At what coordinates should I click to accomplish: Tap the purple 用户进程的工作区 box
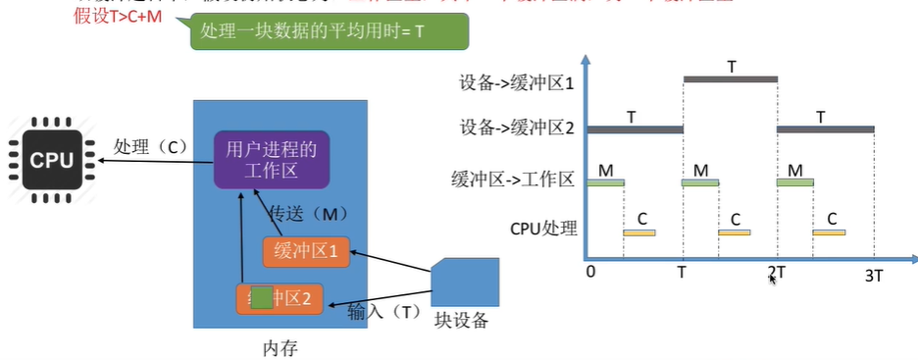(272, 160)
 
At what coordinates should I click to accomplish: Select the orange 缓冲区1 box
(305, 251)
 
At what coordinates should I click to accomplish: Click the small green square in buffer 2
(260, 298)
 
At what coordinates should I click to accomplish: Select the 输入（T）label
(384, 313)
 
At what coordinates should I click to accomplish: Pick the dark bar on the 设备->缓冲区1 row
(730, 78)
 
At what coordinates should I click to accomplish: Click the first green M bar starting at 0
(605, 181)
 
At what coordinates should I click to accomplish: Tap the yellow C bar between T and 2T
(734, 232)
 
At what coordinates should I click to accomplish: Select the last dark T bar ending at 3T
(825, 129)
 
